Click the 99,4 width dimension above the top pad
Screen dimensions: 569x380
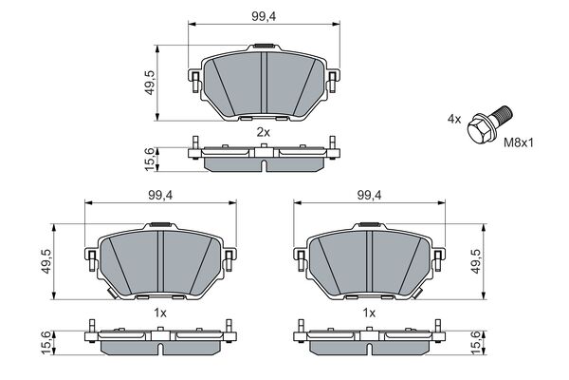tap(264, 16)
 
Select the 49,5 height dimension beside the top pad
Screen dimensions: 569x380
tap(150, 83)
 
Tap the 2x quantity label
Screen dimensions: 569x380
tap(264, 132)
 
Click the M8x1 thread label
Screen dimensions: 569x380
tap(519, 142)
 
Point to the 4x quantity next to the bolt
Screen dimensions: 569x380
tap(454, 119)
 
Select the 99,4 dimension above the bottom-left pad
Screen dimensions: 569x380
tap(160, 196)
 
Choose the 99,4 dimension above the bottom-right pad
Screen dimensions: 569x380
tap(370, 196)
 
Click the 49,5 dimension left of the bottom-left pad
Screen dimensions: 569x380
tap(46, 261)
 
